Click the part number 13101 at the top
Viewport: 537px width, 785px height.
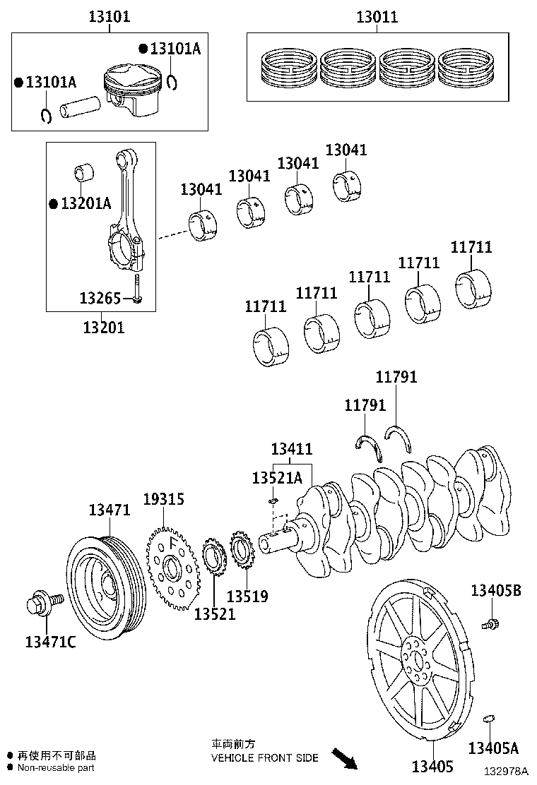point(109,16)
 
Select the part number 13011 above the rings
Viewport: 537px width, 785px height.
point(376,17)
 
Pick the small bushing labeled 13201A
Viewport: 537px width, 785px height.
point(85,173)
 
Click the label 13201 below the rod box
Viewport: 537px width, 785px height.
point(104,327)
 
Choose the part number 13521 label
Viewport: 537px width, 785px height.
point(215,613)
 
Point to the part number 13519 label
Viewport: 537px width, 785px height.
point(247,597)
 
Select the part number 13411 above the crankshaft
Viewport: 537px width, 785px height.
point(292,449)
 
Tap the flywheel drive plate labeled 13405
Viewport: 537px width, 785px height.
point(417,664)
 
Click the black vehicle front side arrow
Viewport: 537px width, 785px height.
point(344,759)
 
